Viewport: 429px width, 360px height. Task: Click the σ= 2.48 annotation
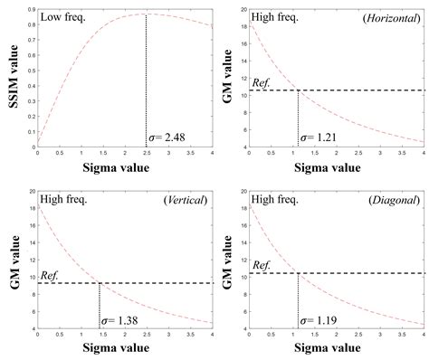point(169,137)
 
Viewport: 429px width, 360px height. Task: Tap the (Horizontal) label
point(389,18)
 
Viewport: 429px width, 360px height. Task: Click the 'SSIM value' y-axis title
point(14,77)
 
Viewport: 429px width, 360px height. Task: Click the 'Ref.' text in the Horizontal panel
point(262,82)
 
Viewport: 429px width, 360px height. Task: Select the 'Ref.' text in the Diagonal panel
point(262,265)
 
